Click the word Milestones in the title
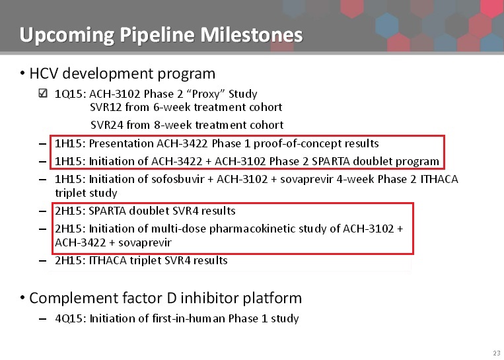(252, 35)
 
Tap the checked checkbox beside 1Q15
(43, 93)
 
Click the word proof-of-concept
(297, 144)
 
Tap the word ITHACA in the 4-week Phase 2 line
(439, 179)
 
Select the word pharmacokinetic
(252, 229)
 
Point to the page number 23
(497, 353)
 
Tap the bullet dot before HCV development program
(22, 73)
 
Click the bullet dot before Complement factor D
(22, 298)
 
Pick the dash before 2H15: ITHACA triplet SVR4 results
(42, 261)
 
